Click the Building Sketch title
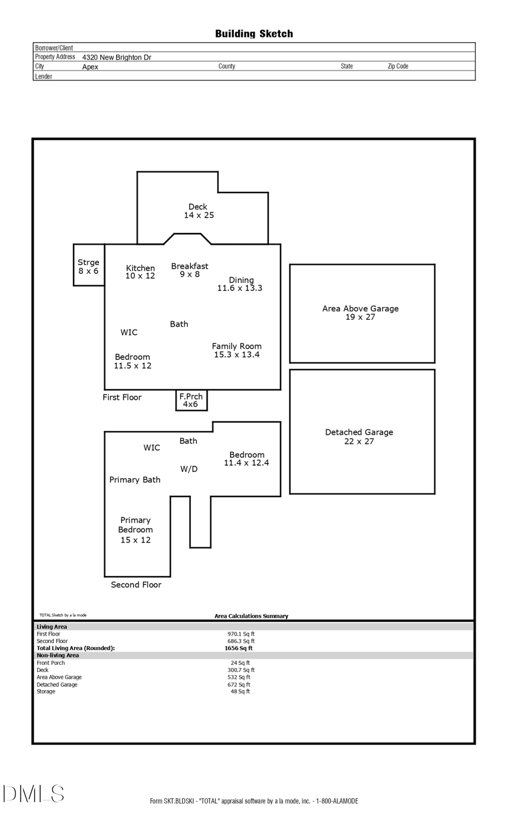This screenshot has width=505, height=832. pyautogui.click(x=254, y=34)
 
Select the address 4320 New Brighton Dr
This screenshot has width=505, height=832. pyautogui.click(x=117, y=57)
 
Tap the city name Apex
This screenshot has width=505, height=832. pyautogui.click(x=90, y=67)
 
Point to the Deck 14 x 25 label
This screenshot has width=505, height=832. pyautogui.click(x=199, y=211)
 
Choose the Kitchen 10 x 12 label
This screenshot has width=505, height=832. pyautogui.click(x=140, y=272)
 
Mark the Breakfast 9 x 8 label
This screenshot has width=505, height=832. pyautogui.click(x=190, y=270)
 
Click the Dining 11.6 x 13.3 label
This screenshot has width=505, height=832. pyautogui.click(x=240, y=284)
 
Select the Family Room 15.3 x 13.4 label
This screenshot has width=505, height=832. pyautogui.click(x=236, y=351)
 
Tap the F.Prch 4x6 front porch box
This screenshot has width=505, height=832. pyautogui.click(x=191, y=400)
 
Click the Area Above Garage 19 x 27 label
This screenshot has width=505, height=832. pyautogui.click(x=360, y=312)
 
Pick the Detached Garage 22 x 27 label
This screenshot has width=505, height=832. pyautogui.click(x=359, y=436)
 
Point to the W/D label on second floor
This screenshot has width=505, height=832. pyautogui.click(x=189, y=469)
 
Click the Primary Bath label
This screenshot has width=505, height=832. pyautogui.click(x=135, y=480)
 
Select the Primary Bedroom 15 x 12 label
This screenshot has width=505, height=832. pyautogui.click(x=135, y=530)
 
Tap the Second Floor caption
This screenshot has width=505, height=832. pyautogui.click(x=136, y=585)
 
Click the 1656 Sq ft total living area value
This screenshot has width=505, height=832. pyautogui.click(x=238, y=648)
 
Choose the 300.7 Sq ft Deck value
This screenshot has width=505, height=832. pyautogui.click(x=241, y=670)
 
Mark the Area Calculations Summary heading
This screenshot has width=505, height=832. pyautogui.click(x=251, y=616)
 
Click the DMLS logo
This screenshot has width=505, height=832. pyautogui.click(x=34, y=794)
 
